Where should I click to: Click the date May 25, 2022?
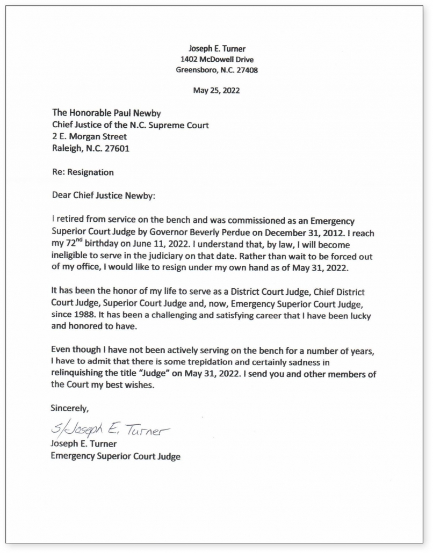(x=216, y=90)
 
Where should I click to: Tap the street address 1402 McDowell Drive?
(x=216, y=59)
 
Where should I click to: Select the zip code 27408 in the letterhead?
(x=247, y=69)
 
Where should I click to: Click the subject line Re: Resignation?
(x=83, y=172)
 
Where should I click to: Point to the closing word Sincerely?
(x=70, y=408)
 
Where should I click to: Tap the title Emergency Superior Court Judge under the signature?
(x=116, y=456)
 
